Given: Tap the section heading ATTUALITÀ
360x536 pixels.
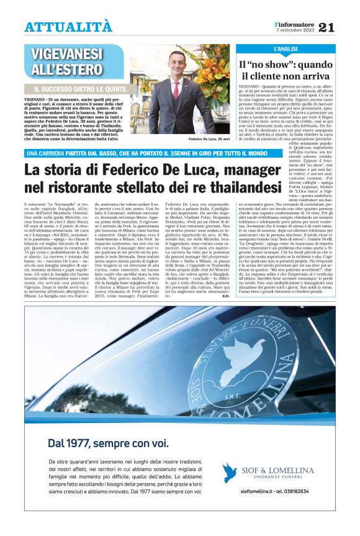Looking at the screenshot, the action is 68,27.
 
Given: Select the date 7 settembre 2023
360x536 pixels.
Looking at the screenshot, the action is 295,30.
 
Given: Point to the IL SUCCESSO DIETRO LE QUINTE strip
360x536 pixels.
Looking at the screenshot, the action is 84,89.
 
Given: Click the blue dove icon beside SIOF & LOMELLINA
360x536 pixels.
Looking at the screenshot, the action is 230,473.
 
